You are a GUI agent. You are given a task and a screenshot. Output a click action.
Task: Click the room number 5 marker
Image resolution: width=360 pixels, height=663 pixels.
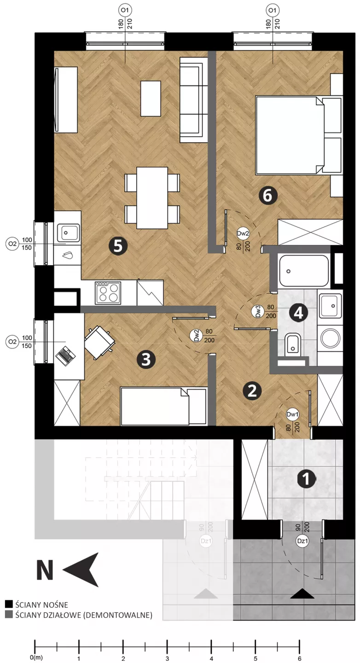click(x=118, y=245)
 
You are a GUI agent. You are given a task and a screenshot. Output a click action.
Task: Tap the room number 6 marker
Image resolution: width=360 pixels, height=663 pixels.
click(x=267, y=195)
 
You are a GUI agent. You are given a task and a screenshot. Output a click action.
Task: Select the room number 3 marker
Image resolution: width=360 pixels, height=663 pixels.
click(x=146, y=360)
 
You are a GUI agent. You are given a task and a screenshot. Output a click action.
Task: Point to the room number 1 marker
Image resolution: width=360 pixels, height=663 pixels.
click(x=307, y=479)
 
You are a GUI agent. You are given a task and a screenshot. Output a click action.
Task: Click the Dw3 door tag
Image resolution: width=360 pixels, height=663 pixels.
click(x=257, y=312)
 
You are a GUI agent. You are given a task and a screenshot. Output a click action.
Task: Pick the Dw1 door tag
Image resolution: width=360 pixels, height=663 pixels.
click(x=292, y=414)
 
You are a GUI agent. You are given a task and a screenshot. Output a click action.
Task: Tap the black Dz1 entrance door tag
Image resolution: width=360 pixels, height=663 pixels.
click(x=302, y=541)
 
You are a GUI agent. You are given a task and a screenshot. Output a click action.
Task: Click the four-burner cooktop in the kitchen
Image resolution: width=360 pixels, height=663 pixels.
click(x=108, y=293)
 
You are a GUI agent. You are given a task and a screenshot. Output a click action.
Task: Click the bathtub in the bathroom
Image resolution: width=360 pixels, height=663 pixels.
click(x=304, y=271)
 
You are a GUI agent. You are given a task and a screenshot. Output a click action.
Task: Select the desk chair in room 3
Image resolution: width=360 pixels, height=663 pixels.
click(x=99, y=343)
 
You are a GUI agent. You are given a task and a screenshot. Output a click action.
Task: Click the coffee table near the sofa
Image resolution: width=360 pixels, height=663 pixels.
click(x=151, y=99)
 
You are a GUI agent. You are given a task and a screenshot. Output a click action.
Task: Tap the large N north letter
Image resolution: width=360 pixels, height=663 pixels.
click(x=45, y=570)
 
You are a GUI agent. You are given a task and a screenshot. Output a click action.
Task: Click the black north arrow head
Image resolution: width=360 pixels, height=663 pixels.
click(x=81, y=570)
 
